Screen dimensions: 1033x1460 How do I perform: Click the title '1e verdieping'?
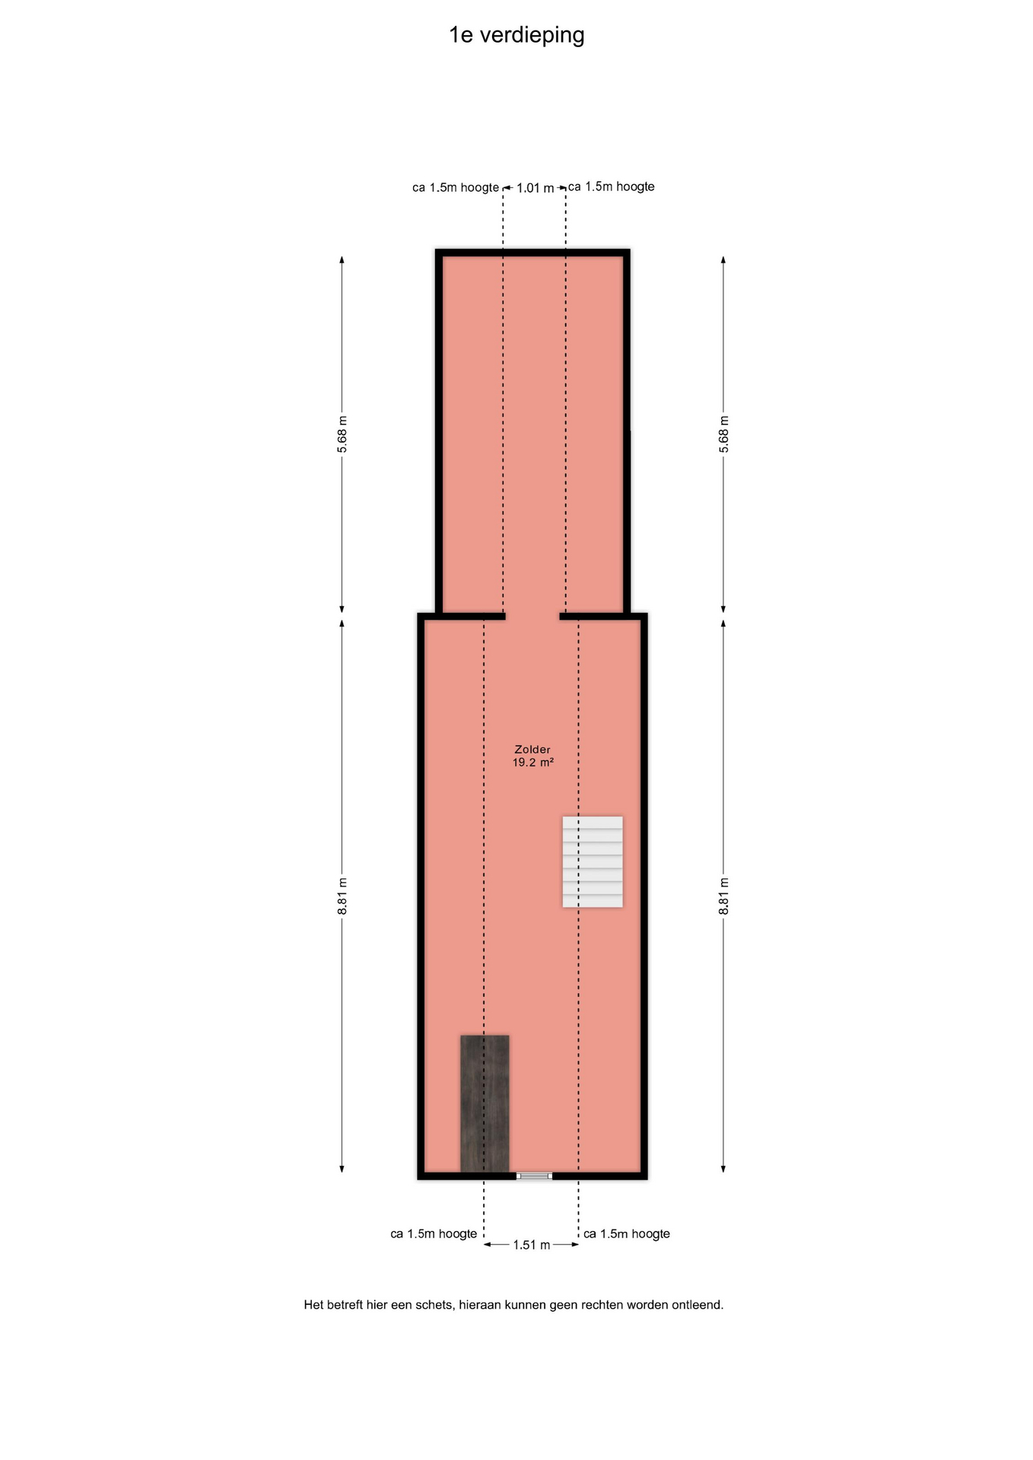click(516, 36)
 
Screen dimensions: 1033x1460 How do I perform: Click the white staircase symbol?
click(593, 862)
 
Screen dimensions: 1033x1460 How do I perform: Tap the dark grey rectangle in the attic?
click(485, 1103)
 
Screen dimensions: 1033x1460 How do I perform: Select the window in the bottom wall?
click(534, 1176)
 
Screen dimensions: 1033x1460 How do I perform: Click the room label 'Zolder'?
click(532, 749)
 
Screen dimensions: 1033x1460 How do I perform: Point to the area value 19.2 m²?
click(532, 762)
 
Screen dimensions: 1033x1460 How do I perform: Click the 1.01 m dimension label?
click(535, 188)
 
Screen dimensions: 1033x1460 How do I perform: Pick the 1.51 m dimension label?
click(531, 1245)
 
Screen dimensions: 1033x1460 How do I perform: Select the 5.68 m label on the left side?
click(342, 434)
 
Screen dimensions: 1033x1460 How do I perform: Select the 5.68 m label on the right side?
click(723, 434)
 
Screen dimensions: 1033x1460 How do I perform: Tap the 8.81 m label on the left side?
click(342, 897)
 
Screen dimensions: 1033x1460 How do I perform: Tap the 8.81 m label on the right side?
click(723, 897)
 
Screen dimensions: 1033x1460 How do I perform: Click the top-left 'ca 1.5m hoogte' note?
click(456, 187)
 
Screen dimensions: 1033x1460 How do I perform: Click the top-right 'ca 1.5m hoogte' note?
click(612, 186)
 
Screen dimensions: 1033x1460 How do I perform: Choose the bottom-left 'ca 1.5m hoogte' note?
click(434, 1233)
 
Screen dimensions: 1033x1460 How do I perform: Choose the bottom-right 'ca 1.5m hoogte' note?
click(627, 1233)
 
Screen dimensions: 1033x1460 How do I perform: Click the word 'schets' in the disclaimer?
click(434, 1304)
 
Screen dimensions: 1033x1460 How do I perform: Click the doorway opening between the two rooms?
click(532, 616)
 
